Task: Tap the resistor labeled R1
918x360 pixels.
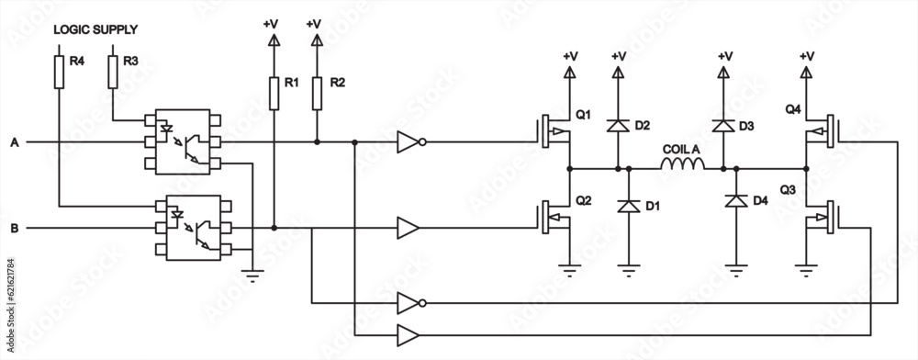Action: (x=273, y=92)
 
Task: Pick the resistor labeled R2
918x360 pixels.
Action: (x=317, y=92)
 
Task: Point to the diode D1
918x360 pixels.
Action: (x=630, y=207)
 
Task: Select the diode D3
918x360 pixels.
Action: (x=724, y=126)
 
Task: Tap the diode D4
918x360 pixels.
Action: (x=734, y=200)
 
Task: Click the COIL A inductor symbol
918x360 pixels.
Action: (x=682, y=165)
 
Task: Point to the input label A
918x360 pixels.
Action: (x=14, y=143)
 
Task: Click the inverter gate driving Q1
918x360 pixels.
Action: (x=410, y=143)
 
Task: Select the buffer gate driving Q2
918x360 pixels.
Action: (x=409, y=227)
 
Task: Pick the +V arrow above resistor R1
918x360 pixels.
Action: (x=273, y=39)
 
